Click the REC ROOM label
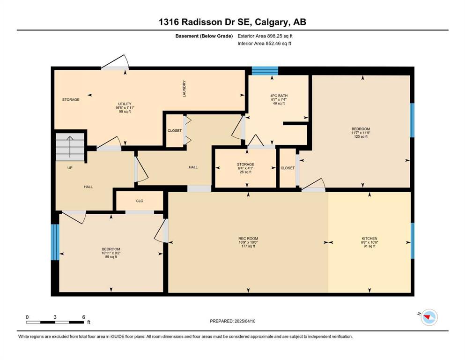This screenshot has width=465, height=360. click(248, 238)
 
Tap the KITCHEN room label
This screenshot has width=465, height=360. click(369, 238)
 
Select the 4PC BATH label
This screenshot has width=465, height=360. click(279, 96)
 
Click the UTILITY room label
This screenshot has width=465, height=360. click(125, 104)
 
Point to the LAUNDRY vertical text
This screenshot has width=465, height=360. click(184, 89)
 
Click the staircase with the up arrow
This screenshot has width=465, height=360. click(70, 147)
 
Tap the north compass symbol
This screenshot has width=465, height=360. click(429, 317)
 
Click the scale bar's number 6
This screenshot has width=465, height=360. click(84, 317)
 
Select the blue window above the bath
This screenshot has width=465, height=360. click(265, 71)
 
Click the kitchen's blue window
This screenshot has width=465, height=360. click(412, 240)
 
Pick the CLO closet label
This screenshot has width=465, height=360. click(140, 201)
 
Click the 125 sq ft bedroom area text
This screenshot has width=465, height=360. click(361, 137)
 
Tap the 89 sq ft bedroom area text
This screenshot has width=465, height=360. click(111, 257)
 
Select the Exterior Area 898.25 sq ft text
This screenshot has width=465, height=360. click(265, 36)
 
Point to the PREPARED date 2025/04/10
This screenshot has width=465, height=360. click(245, 321)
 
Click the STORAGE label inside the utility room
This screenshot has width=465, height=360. click(71, 100)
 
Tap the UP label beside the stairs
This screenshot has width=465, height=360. click(70, 168)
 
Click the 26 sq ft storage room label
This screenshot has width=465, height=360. click(245, 172)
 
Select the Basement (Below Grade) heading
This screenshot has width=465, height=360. click(204, 36)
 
